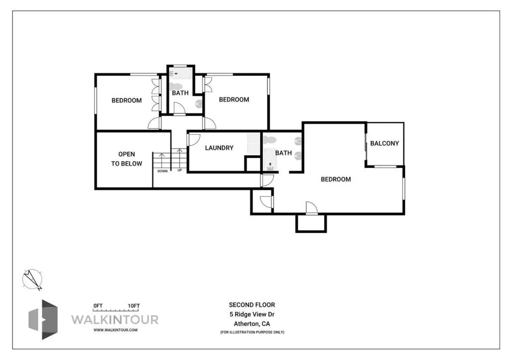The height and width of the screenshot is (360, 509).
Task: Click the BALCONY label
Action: point(384,143)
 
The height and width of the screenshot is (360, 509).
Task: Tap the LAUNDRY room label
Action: point(219,148)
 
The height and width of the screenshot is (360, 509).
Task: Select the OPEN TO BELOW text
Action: point(127,159)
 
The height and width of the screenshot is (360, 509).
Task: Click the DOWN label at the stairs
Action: point(163,171)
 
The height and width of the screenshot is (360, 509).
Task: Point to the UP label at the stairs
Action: point(179,170)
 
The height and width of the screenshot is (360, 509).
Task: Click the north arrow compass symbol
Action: point(32,279)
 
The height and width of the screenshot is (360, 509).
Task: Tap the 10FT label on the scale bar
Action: point(134,306)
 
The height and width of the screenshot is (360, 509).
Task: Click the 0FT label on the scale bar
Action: point(98,306)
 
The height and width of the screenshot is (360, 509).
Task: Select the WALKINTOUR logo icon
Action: point(43,319)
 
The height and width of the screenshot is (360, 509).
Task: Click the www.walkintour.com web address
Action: point(115,330)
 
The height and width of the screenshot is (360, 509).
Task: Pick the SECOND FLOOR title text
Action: point(252,305)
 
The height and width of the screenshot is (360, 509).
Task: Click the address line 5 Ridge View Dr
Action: point(252,314)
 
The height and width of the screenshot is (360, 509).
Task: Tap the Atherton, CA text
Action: point(252,324)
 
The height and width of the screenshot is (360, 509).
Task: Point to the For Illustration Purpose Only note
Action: point(252,332)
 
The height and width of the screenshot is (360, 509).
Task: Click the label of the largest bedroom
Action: point(336,179)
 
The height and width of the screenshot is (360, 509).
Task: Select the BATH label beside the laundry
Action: point(283,153)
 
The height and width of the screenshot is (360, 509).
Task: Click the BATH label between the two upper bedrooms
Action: point(180,93)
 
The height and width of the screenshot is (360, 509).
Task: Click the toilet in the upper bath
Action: point(175,87)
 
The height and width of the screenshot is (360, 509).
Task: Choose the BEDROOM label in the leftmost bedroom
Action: point(127,100)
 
